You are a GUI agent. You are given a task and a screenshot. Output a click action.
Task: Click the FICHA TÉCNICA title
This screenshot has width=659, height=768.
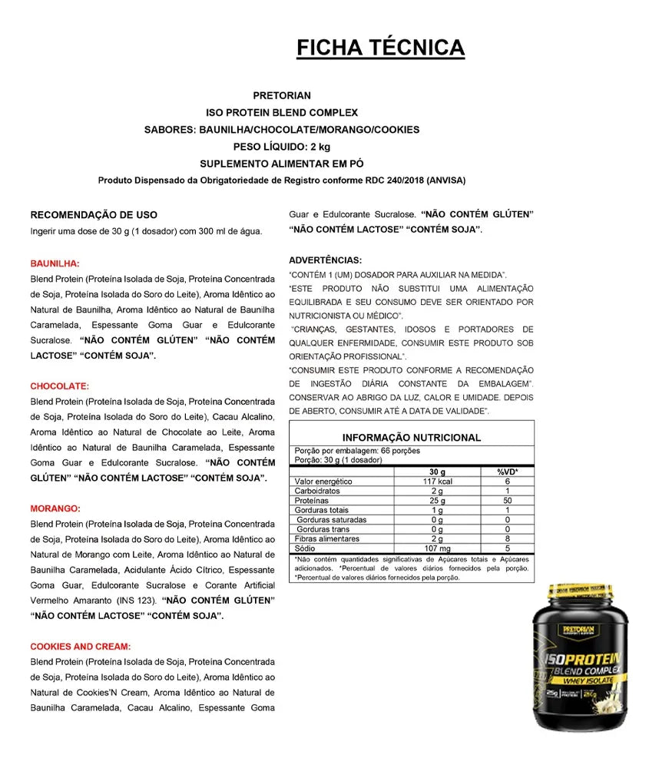380,48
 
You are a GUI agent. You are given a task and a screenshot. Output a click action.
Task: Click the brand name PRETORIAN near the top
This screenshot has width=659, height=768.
282,96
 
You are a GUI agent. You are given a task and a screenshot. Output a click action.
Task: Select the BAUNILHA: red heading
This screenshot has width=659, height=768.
55,263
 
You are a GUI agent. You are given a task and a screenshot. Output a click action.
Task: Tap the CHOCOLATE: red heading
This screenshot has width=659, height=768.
60,386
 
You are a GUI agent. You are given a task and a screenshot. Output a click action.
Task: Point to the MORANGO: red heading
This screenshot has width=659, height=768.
56,508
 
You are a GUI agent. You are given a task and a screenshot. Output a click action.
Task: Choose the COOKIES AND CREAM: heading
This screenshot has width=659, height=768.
81,647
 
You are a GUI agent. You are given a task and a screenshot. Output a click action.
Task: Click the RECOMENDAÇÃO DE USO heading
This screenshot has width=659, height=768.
94,215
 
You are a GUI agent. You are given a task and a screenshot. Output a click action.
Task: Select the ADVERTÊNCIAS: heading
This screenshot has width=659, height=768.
326,260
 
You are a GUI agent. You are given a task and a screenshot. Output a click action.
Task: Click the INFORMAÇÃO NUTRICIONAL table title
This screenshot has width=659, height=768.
412,438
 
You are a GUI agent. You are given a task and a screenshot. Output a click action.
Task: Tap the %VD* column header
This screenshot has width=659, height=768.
508,472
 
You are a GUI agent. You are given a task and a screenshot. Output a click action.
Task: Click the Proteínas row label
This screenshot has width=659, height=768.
312,501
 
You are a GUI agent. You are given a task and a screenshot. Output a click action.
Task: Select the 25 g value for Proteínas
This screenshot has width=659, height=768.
437,501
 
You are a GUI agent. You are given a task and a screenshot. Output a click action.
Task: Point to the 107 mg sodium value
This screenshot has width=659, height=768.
437,549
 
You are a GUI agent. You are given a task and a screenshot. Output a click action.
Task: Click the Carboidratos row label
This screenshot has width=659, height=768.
317,491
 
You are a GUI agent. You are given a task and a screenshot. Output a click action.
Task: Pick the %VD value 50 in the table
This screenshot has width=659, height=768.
508,501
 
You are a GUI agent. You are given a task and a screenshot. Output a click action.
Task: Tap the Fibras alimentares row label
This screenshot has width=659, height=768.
327,539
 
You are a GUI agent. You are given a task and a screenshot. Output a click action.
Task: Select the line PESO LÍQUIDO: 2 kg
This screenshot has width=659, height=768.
282,147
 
